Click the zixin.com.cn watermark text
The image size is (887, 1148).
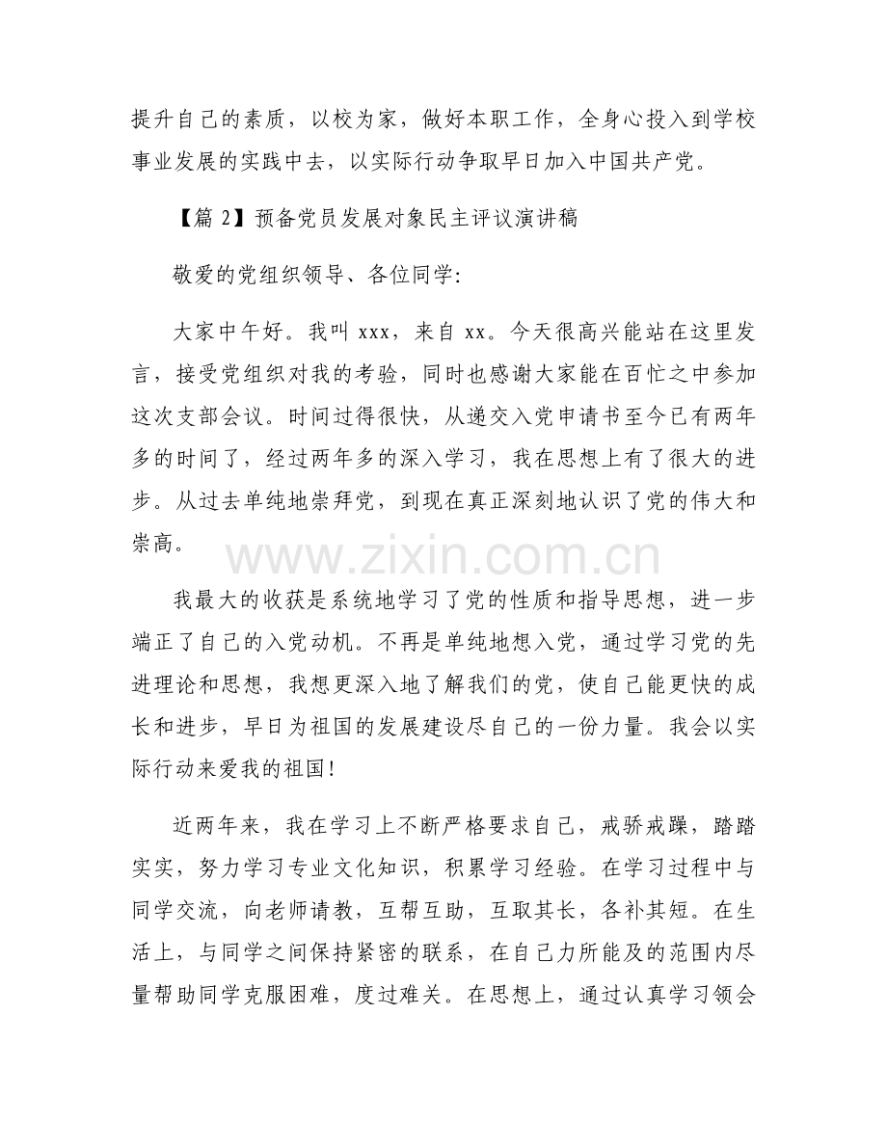tap(444, 556)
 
